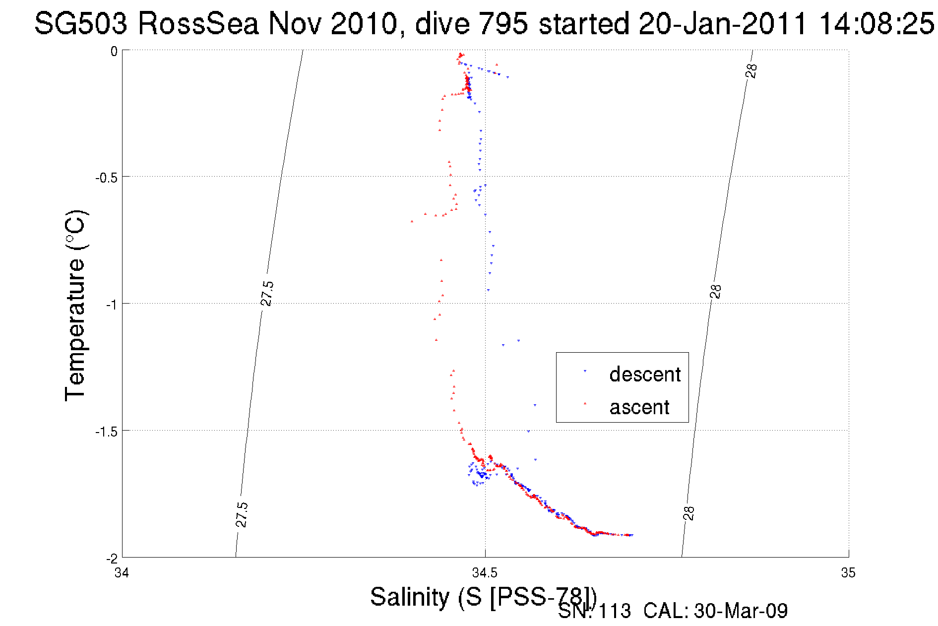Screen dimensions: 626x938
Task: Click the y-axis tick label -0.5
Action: pos(106,178)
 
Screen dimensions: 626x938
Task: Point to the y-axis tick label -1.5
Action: pos(106,432)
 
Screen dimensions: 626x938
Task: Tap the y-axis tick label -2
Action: pos(111,559)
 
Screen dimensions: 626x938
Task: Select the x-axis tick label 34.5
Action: pos(485,573)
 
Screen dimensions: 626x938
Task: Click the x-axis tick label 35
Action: pos(848,573)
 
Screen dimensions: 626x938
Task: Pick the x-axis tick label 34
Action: pos(122,573)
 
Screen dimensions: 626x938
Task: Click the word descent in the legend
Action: pos(645,375)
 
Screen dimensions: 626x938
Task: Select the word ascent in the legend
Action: pos(639,407)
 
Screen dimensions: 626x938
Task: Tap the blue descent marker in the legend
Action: pos(585,371)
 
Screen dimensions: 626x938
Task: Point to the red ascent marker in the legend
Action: pos(585,403)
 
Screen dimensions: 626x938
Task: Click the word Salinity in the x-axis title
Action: pos(409,597)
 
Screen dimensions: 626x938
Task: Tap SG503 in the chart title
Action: pos(81,23)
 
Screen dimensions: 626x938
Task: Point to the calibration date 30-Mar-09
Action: pos(741,611)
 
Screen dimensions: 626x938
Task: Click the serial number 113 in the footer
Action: pos(615,611)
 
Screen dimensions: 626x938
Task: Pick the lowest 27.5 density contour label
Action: pos(242,514)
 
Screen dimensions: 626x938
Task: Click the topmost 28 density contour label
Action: pos(751,71)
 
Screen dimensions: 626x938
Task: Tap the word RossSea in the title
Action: pos(198,23)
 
